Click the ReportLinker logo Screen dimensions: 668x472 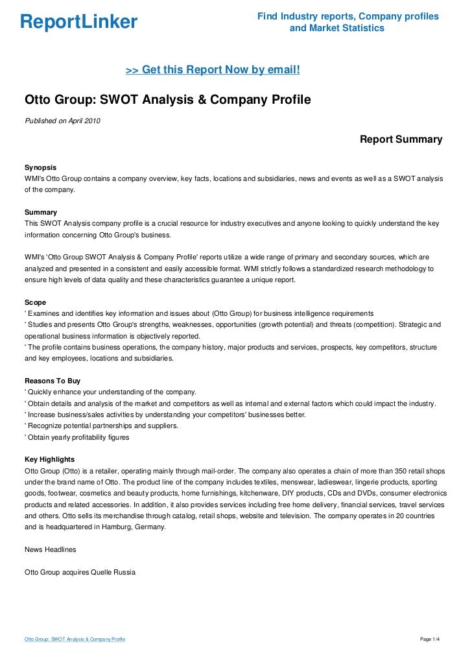click(x=78, y=23)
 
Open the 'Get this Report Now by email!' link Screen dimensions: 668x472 click(x=212, y=69)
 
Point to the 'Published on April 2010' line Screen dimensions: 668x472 click(x=62, y=121)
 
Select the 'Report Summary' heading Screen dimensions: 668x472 click(x=401, y=139)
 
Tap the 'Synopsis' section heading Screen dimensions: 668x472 click(x=41, y=167)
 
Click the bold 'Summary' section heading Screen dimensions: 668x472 click(x=40, y=212)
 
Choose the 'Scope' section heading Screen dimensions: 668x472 click(x=35, y=302)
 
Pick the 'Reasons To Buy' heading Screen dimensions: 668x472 click(x=52, y=381)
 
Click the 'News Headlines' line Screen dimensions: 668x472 click(x=50, y=549)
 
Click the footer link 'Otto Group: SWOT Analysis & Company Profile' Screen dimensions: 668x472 click(x=75, y=640)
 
